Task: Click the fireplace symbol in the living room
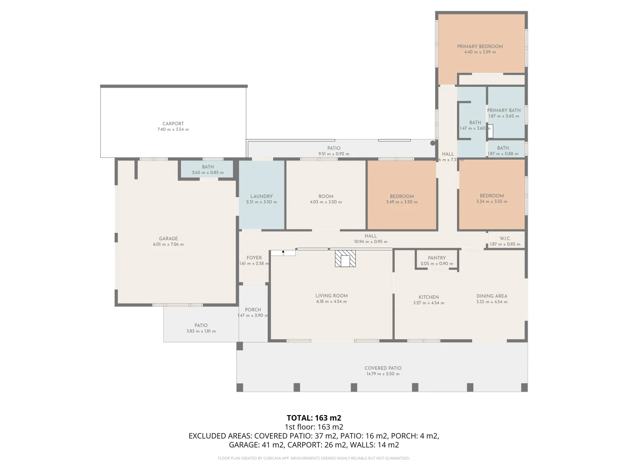pyautogui.click(x=345, y=258)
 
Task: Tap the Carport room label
pyautogui.click(x=173, y=124)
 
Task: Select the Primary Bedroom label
pyautogui.click(x=480, y=46)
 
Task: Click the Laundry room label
pyautogui.click(x=261, y=196)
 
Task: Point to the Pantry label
pyautogui.click(x=437, y=258)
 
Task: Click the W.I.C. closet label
pyautogui.click(x=505, y=239)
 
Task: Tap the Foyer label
pyautogui.click(x=254, y=258)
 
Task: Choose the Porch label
pyautogui.click(x=253, y=310)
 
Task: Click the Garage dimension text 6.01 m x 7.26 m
pyautogui.click(x=168, y=245)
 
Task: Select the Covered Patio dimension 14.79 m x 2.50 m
pyautogui.click(x=382, y=374)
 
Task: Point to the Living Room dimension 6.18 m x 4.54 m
pyautogui.click(x=331, y=302)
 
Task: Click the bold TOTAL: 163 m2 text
pyautogui.click(x=314, y=418)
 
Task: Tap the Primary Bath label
pyautogui.click(x=504, y=110)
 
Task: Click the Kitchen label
pyautogui.click(x=429, y=297)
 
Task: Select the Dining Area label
pyautogui.click(x=491, y=296)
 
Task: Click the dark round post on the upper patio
pyautogui.click(x=433, y=143)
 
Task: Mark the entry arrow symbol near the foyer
pyautogui.click(x=283, y=253)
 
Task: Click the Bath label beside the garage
pyautogui.click(x=208, y=167)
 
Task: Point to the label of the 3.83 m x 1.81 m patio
pyautogui.click(x=201, y=325)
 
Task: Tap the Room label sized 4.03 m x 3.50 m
pyautogui.click(x=326, y=196)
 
